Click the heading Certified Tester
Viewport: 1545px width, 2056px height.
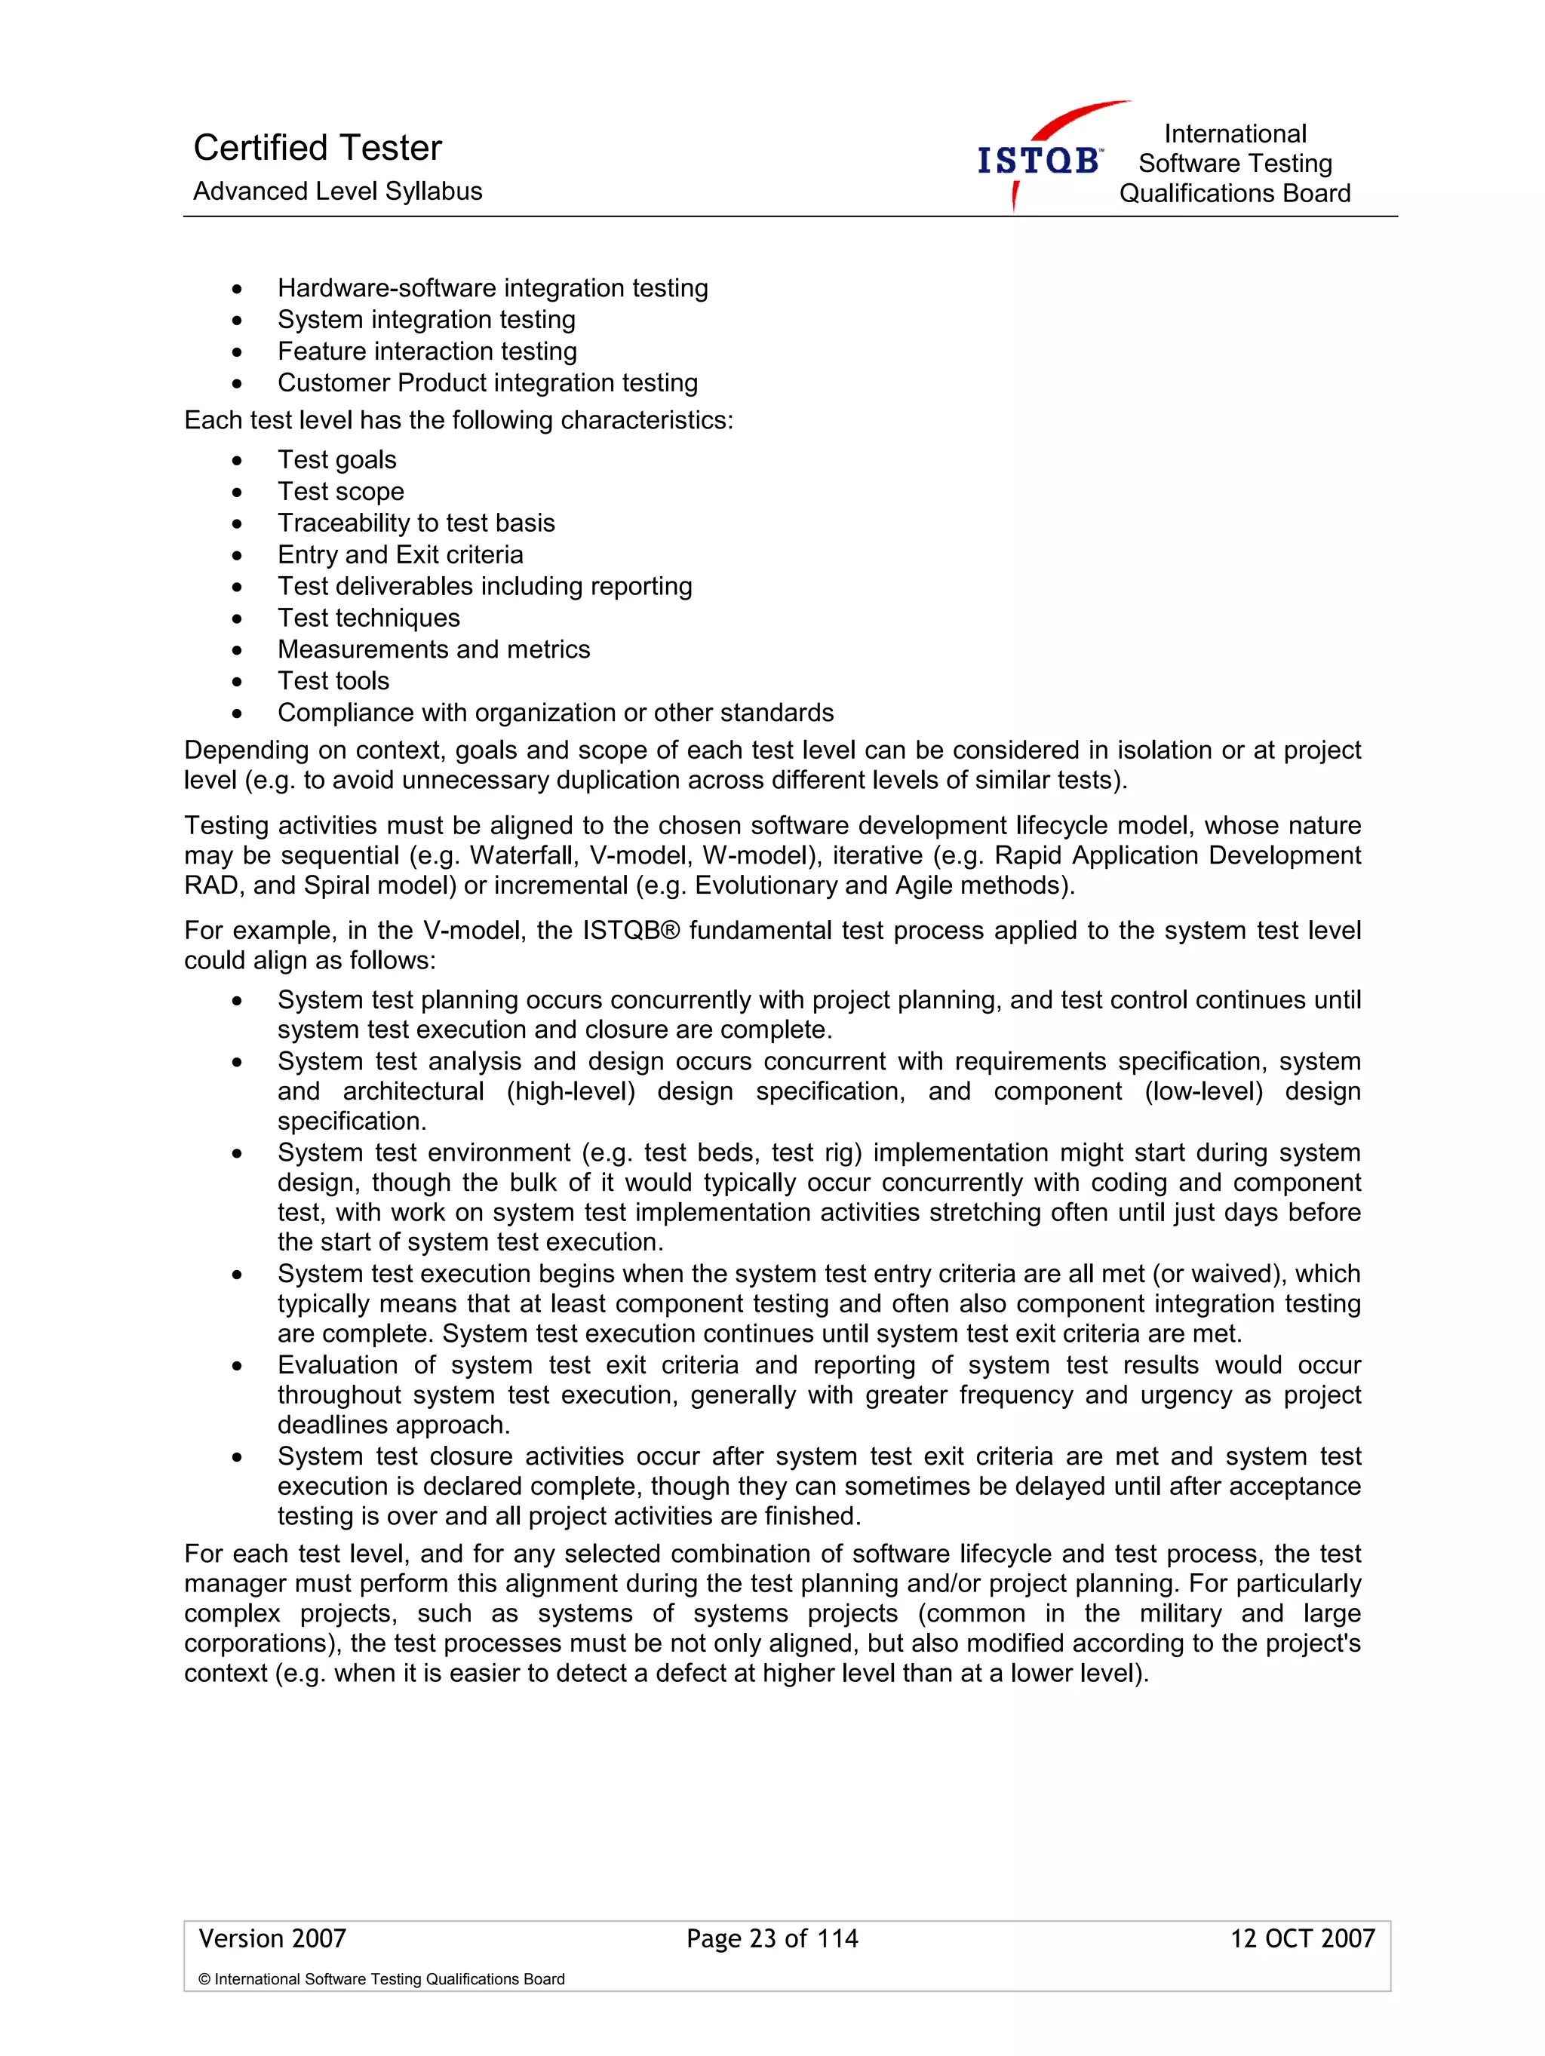coord(317,148)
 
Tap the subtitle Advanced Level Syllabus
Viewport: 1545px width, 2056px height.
coord(337,192)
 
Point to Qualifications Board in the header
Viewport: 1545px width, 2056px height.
coord(1233,193)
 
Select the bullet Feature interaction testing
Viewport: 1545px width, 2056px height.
coord(427,351)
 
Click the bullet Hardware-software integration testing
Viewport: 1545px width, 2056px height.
coord(492,288)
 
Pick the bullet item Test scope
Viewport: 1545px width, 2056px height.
coord(340,492)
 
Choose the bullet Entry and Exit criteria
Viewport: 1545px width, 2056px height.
coord(400,555)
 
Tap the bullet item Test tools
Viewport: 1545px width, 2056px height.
coord(333,681)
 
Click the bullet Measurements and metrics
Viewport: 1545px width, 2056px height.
coord(433,649)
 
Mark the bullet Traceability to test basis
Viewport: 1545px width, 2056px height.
coord(416,523)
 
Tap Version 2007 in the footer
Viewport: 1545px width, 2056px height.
coord(272,1939)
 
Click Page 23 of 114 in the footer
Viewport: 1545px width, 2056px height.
coord(772,1939)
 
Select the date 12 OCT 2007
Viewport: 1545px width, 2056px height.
coord(1301,1939)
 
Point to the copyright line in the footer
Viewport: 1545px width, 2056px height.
coord(381,1979)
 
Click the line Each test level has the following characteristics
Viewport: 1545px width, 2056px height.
coord(458,421)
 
